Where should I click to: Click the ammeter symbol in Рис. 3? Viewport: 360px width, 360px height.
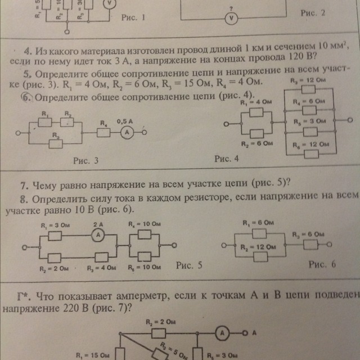(128, 133)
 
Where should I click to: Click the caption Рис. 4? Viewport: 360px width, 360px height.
(226, 160)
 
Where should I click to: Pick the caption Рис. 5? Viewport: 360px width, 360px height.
(189, 264)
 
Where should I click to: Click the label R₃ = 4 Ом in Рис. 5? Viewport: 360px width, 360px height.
(97, 268)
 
